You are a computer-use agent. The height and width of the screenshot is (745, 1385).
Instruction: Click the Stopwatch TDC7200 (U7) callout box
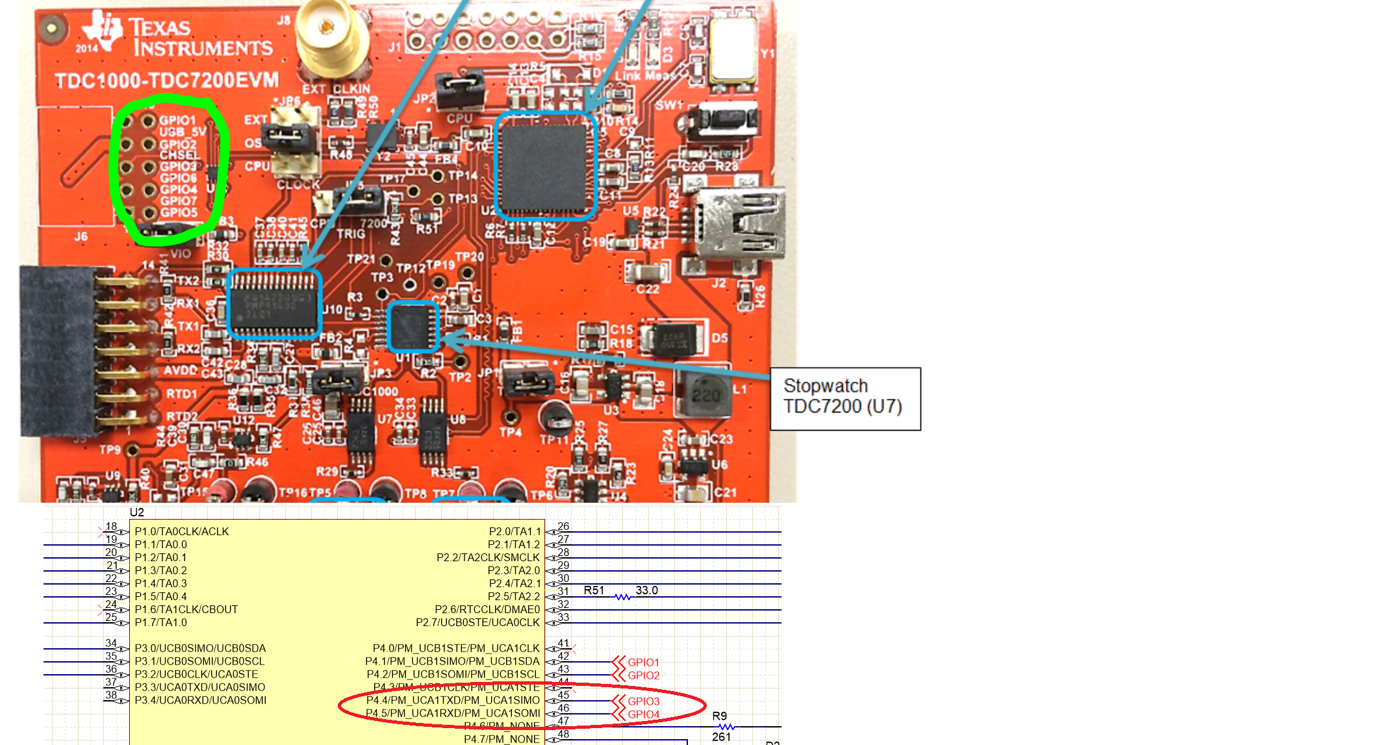(x=845, y=399)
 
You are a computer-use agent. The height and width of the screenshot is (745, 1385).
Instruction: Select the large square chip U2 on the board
(x=545, y=166)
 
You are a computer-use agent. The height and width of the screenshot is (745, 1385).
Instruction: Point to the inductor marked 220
(x=705, y=394)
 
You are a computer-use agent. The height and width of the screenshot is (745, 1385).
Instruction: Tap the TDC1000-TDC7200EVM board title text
(x=166, y=81)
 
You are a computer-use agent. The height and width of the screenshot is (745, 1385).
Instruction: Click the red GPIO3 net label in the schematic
(x=643, y=701)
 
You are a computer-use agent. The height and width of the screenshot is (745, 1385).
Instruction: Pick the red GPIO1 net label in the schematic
(x=643, y=663)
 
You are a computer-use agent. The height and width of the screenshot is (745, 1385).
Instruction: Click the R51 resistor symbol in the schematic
(x=622, y=596)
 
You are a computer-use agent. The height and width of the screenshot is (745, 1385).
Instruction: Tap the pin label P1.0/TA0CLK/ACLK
(x=182, y=531)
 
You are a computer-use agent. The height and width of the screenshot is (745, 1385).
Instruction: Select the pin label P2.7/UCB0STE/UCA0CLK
(x=477, y=622)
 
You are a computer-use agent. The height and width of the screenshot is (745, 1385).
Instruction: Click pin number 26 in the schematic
(x=563, y=527)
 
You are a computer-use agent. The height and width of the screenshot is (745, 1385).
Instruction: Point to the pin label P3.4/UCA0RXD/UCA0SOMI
(x=200, y=700)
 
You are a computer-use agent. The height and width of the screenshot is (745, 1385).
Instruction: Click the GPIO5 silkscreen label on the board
(x=179, y=213)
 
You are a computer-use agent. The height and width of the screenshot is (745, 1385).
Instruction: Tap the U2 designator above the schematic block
(x=137, y=512)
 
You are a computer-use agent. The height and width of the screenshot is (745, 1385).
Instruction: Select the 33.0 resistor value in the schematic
(x=646, y=590)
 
